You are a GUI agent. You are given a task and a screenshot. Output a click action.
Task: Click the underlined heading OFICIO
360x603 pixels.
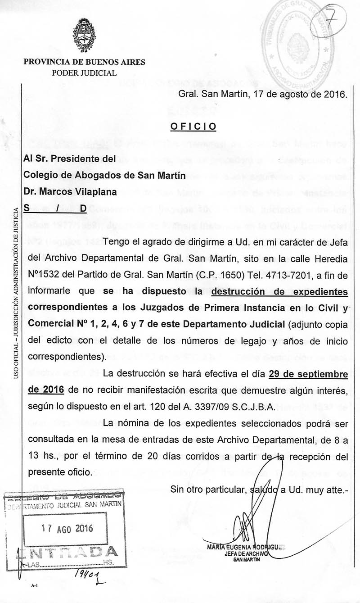point(193,127)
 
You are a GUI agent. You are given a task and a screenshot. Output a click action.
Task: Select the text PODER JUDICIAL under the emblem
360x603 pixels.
point(84,73)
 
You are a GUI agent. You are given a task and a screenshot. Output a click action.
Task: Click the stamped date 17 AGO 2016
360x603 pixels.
point(67,528)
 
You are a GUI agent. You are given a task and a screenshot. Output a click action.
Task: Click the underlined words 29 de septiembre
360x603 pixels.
point(308,374)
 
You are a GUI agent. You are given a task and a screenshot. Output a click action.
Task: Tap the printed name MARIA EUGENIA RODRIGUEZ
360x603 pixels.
point(245,547)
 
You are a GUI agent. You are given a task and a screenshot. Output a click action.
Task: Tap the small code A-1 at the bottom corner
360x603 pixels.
point(34,586)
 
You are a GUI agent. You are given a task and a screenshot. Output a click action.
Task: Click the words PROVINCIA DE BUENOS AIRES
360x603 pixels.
point(84,63)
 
